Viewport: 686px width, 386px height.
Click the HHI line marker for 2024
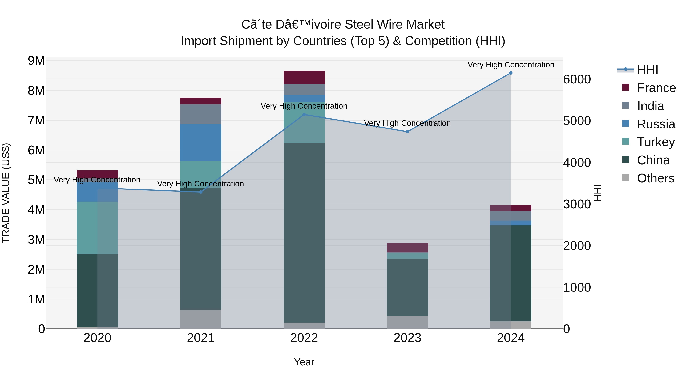510,73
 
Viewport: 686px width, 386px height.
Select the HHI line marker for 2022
304,115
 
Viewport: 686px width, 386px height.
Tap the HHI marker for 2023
407,132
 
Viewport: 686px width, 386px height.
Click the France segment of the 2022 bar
304,78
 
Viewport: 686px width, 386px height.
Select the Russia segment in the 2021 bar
200,142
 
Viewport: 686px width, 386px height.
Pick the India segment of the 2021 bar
200,114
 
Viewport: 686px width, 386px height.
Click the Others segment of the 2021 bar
200,319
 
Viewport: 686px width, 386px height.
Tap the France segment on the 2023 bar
407,247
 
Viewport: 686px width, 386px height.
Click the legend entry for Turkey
656,142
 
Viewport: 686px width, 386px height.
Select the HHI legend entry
647,70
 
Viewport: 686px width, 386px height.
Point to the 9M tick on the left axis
36,61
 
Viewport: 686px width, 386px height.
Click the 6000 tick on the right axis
577,79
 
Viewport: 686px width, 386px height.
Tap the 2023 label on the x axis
407,338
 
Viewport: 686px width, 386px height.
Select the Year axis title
304,362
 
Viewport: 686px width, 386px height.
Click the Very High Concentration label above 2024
510,65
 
